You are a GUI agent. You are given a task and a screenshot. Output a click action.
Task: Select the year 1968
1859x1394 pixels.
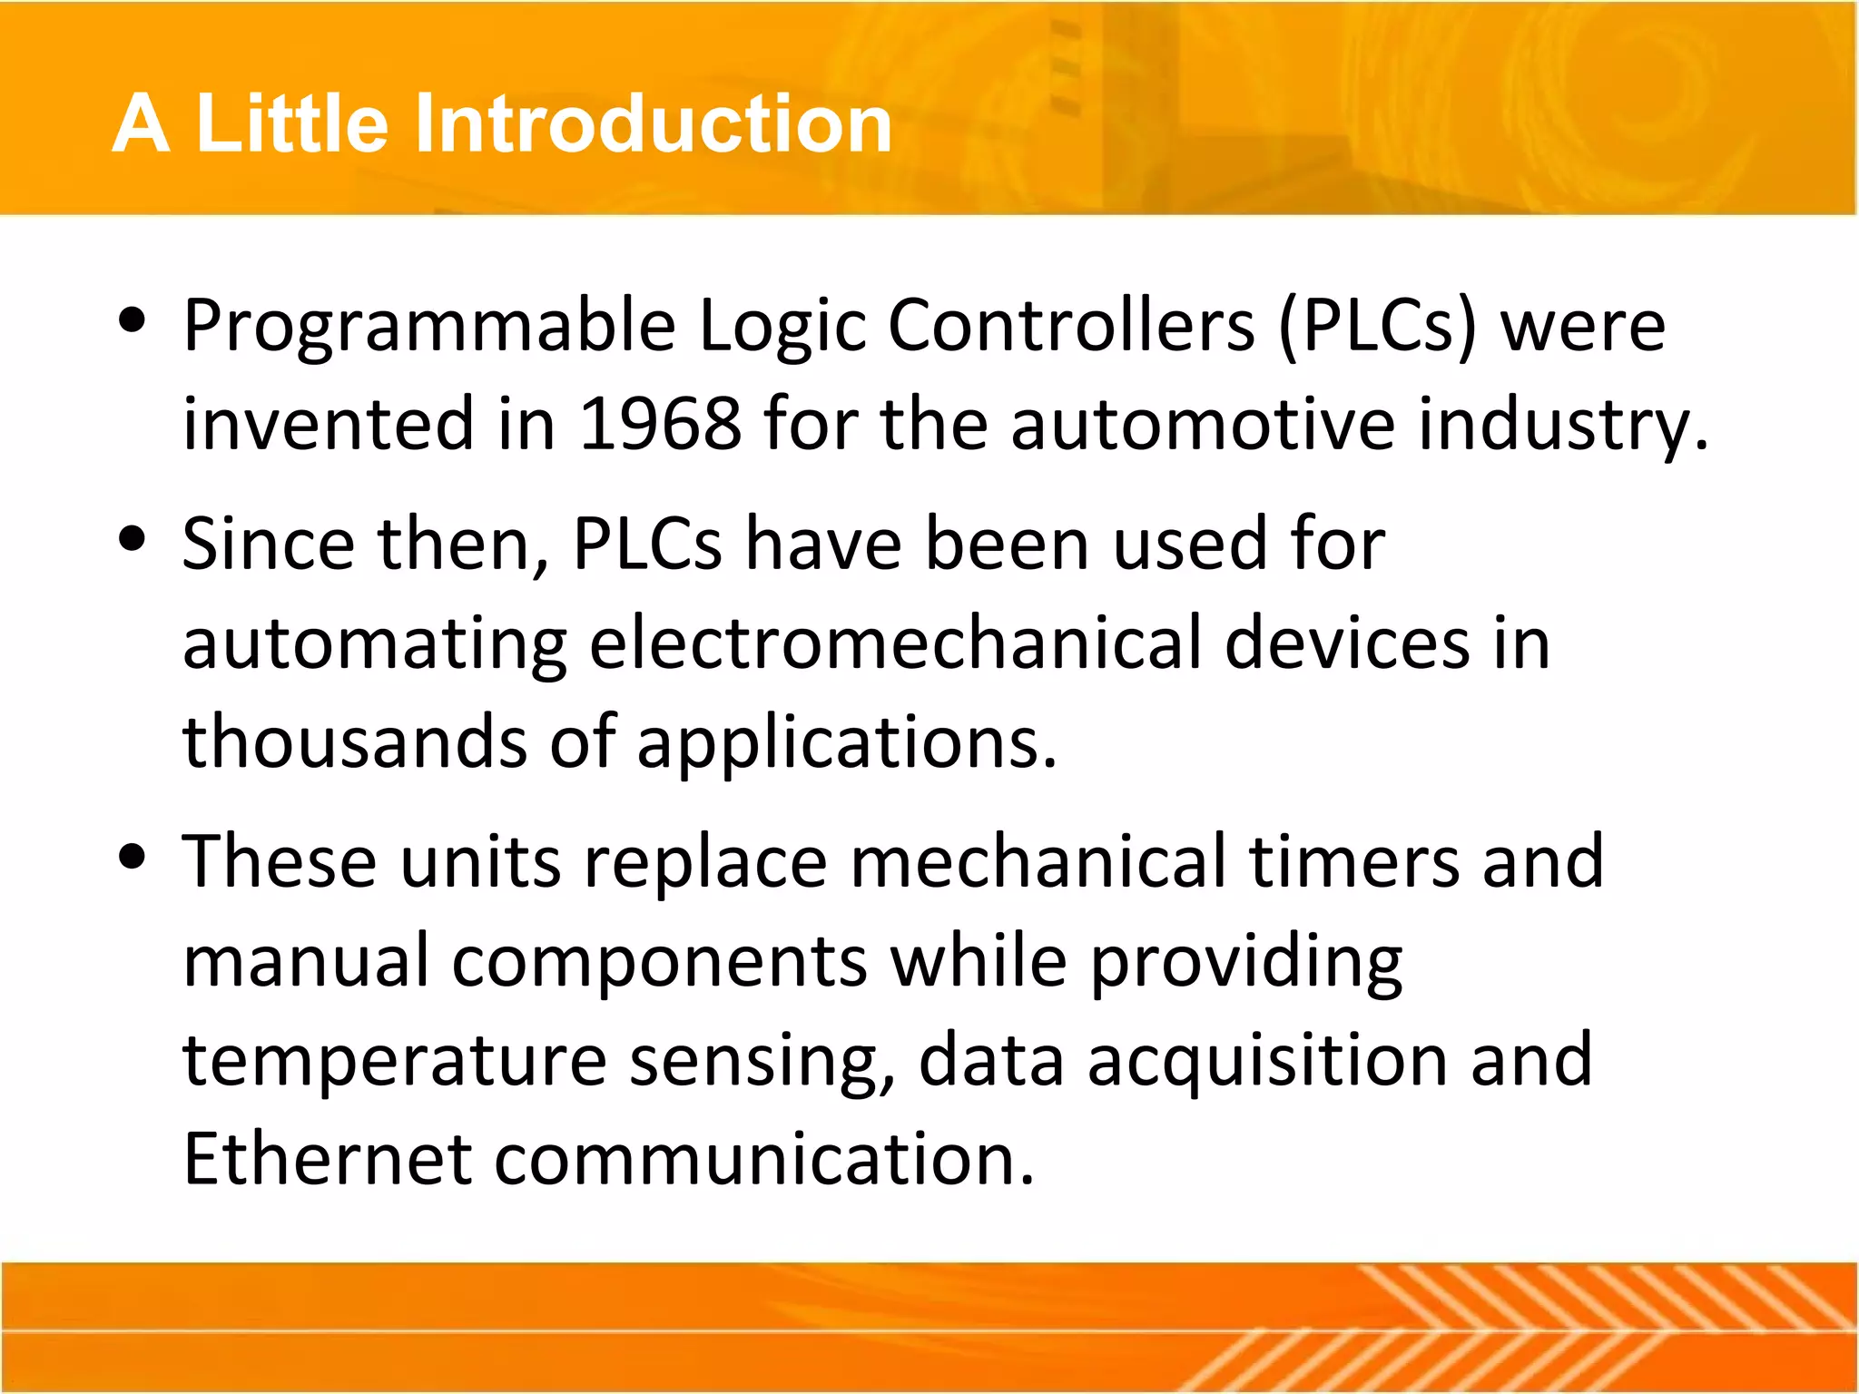[660, 424]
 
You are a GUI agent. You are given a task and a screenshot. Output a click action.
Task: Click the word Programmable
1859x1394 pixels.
[429, 327]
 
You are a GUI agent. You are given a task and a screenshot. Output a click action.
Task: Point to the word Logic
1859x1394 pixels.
[782, 327]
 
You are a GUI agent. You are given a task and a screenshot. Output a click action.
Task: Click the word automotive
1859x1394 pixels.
[1203, 424]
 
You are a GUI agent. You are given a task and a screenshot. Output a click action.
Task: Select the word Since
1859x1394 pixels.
[268, 545]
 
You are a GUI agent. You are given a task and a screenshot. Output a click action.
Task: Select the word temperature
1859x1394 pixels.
[395, 1060]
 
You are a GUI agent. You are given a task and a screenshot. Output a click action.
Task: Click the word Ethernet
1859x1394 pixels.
[328, 1159]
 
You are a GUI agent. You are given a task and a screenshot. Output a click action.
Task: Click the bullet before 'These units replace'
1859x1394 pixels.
[133, 857]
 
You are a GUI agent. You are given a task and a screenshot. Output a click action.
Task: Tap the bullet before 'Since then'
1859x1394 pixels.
[133, 539]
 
